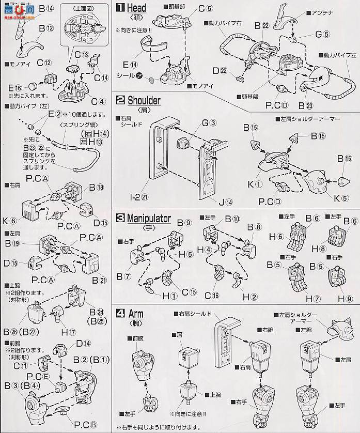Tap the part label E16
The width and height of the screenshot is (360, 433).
[14, 88]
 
